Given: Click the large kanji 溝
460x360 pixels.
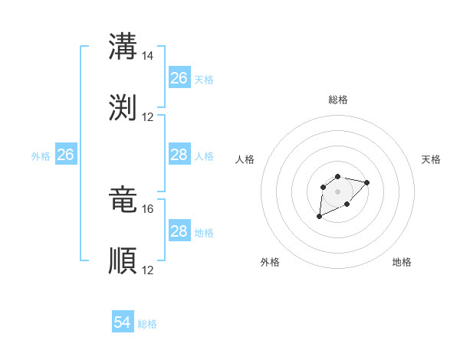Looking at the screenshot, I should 123,46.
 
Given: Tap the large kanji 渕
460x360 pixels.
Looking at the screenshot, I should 123,107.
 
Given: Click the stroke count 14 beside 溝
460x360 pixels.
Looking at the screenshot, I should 148,56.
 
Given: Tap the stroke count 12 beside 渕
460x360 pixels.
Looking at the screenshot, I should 148,117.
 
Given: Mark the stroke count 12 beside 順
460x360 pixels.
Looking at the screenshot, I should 148,270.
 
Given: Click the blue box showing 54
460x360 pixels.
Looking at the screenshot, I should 123,322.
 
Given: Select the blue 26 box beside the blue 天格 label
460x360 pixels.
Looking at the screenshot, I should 179,78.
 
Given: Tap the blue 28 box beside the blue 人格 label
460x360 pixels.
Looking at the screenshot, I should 179,155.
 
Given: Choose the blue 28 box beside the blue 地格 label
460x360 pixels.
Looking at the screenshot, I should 179,231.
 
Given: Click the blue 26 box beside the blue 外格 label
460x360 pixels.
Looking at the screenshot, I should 65,155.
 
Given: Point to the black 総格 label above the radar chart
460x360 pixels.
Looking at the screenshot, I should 337,100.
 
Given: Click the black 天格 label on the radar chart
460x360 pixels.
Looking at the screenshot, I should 431,159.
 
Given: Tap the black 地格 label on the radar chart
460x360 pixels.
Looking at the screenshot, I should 402,262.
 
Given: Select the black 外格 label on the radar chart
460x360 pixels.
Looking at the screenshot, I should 270,262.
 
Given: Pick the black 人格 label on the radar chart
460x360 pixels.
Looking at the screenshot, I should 245,159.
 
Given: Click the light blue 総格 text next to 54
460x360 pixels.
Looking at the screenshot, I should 147,324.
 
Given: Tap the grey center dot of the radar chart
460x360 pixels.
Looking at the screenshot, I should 337,191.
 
